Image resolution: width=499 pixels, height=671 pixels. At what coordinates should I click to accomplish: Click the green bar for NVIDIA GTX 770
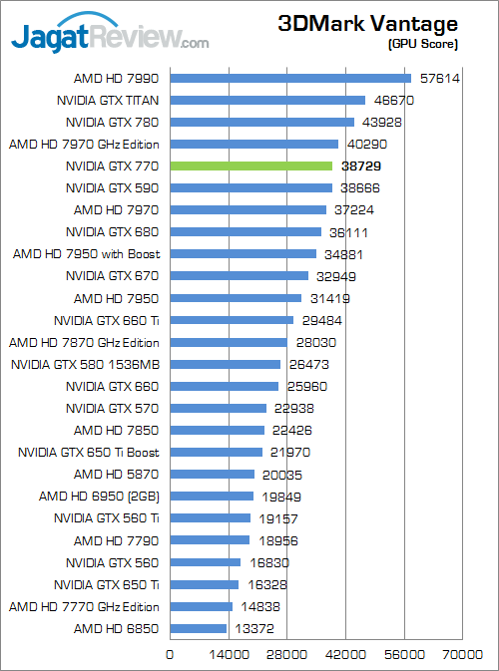point(251,167)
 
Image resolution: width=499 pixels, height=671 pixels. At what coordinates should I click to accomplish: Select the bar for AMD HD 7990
point(290,79)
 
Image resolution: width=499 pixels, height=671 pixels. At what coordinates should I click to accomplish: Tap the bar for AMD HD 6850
point(199,629)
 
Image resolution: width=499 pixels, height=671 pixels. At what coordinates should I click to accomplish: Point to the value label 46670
point(394,101)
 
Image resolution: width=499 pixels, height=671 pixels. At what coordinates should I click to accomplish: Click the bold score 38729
point(361,167)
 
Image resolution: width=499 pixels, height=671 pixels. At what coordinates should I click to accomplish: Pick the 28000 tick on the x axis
point(287,655)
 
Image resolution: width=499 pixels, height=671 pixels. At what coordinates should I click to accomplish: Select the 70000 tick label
point(463,655)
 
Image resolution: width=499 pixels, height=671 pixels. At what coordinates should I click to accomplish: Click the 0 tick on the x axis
point(170,655)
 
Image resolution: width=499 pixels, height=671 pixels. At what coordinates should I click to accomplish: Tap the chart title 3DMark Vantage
point(368,24)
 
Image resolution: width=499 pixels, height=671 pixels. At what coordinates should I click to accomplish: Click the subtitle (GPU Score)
point(423,44)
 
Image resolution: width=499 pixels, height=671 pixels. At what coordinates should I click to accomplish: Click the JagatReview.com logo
point(110,33)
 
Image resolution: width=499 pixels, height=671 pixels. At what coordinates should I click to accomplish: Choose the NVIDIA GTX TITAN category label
point(108,101)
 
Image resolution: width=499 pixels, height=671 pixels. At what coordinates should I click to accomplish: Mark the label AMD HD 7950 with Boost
point(86,254)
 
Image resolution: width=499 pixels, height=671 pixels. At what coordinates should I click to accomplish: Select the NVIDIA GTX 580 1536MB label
point(85,365)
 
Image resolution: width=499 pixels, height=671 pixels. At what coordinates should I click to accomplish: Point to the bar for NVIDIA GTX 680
point(246,232)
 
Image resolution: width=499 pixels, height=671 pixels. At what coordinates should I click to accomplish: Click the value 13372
point(254,629)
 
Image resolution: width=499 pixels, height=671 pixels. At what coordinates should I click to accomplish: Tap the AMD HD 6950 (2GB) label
point(100,497)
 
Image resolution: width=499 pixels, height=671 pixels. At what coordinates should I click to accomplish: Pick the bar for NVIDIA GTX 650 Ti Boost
point(217,453)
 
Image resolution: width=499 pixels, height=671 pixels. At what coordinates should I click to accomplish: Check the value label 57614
point(440,79)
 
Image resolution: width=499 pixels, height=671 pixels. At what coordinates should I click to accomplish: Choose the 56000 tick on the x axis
point(404,655)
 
